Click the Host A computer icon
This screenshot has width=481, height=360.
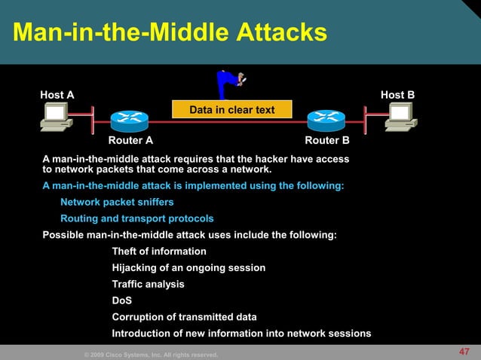click(57, 117)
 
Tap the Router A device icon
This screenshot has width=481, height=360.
click(130, 120)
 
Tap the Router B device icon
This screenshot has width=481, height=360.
click(326, 120)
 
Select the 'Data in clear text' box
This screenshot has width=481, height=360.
click(231, 110)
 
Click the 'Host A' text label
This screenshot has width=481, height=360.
click(57, 95)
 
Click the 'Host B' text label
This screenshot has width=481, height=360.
click(397, 95)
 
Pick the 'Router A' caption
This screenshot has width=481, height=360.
click(131, 141)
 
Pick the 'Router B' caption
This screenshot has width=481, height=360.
click(326, 141)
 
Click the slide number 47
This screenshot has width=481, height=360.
click(464, 352)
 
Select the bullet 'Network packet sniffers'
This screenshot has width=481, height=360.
click(117, 203)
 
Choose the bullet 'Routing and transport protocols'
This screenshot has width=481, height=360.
click(136, 219)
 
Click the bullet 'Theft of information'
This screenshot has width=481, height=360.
click(159, 252)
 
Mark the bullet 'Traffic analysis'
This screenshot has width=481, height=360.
click(148, 285)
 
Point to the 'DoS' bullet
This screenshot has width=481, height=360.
click(122, 301)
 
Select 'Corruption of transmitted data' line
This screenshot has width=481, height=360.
click(184, 317)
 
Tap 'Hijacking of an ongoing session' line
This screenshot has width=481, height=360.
click(188, 268)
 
